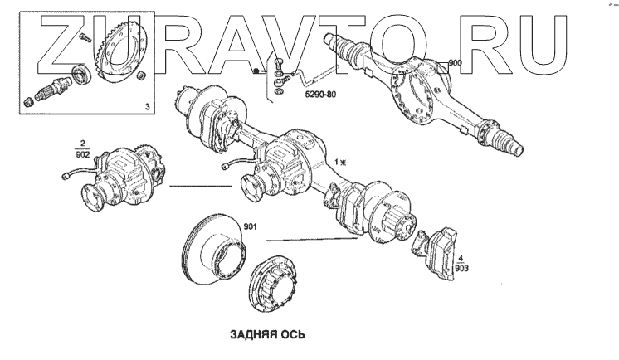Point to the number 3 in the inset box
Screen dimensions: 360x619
coord(147,107)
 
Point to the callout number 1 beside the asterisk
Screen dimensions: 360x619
coord(335,161)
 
